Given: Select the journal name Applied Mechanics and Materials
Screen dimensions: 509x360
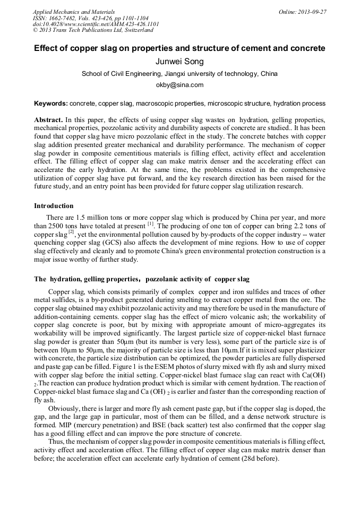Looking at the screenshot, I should (74, 12).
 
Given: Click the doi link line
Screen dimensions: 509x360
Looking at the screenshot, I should (96, 24).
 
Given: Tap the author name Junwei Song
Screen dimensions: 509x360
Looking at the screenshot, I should (179, 62).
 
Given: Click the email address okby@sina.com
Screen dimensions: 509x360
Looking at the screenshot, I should (179, 85).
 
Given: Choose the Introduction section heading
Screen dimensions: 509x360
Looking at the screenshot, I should (54, 206).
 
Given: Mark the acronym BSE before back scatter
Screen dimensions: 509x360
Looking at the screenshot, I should (170, 425).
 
